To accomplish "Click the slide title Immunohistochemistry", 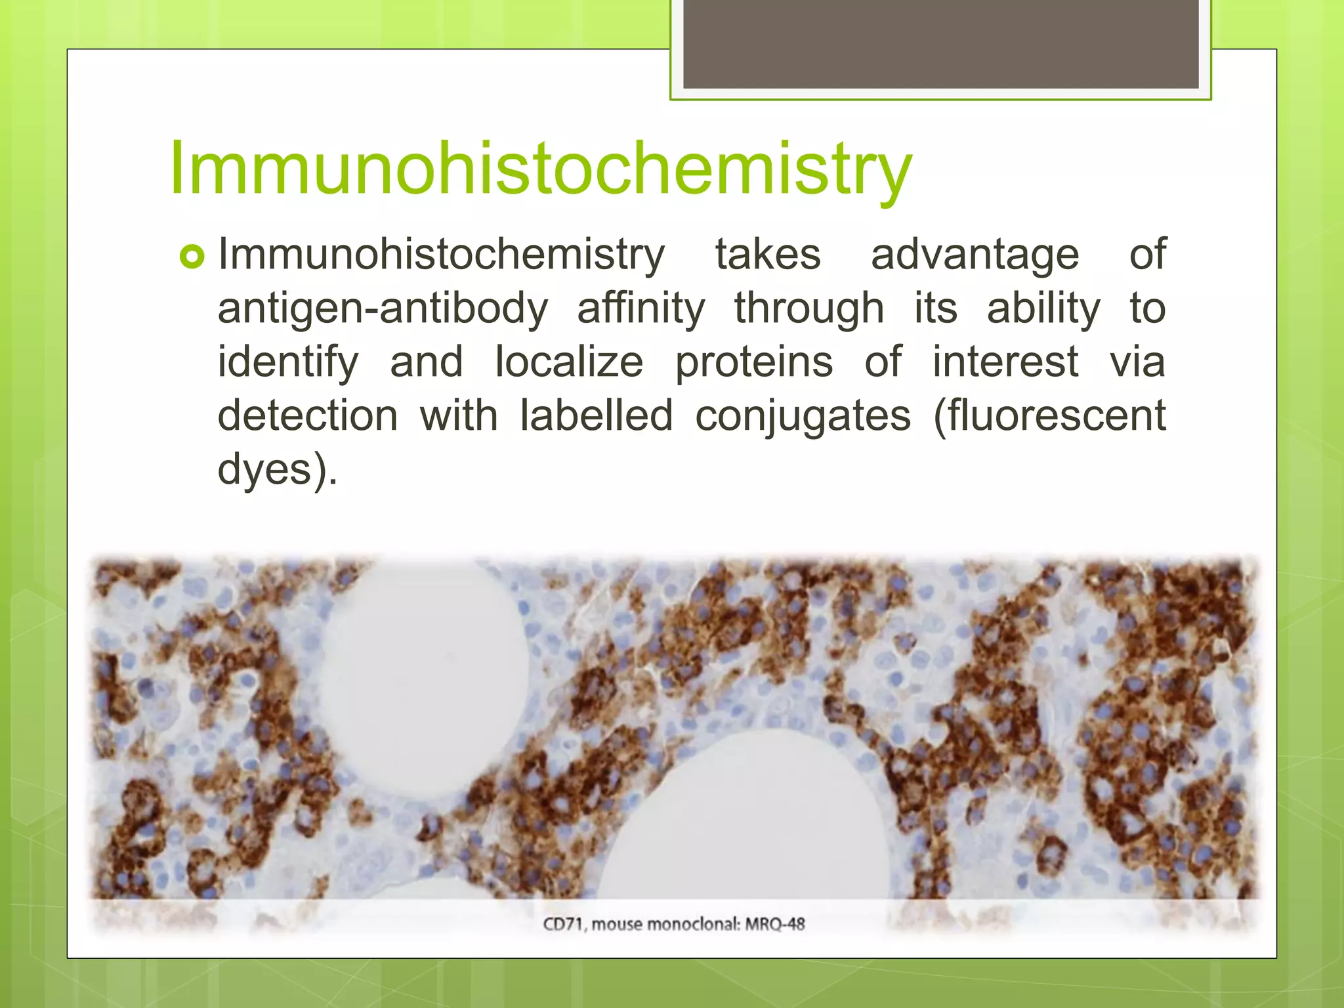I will tap(539, 169).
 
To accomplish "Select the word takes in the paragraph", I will tap(767, 255).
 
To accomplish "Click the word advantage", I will tap(975, 256).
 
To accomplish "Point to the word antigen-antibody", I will tap(382, 310).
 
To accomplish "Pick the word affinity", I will tap(640, 310).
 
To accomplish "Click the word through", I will tap(808, 310).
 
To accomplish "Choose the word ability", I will tap(1043, 310).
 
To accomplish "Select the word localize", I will tap(568, 362).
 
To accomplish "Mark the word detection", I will tap(307, 416).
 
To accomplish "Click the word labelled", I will tap(596, 416).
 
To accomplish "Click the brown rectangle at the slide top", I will tap(940, 44).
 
